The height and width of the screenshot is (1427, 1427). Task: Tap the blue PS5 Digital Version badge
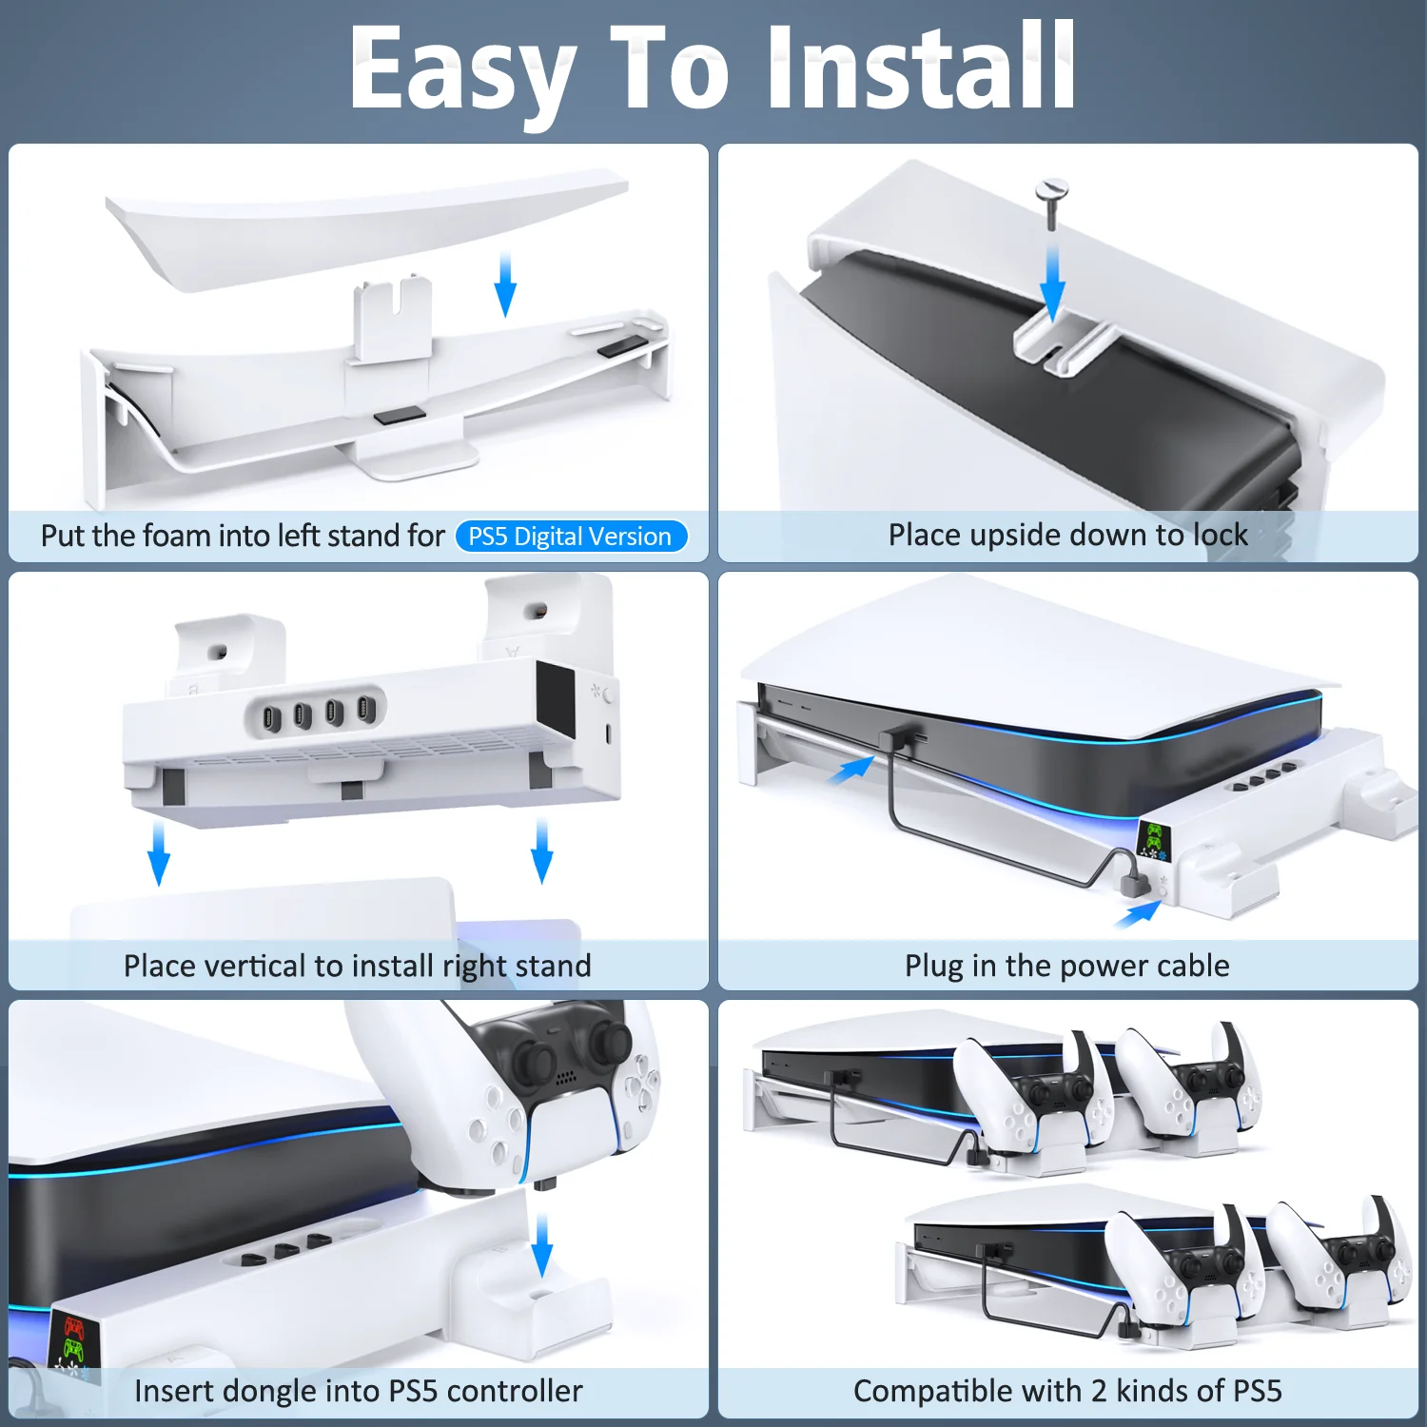[x=570, y=537]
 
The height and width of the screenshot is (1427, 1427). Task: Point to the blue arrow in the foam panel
[x=506, y=284]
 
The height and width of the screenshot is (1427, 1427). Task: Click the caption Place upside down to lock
[x=1067, y=535]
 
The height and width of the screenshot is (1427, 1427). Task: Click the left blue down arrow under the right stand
[x=159, y=853]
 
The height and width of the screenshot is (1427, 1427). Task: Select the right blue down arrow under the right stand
[x=542, y=851]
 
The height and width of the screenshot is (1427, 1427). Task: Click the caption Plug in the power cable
[x=1067, y=966]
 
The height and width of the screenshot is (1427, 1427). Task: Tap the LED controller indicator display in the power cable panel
[x=1153, y=839]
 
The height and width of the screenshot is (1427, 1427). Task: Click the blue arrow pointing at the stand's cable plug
[x=1138, y=914]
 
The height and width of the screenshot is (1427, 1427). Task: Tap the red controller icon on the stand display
[x=73, y=1328]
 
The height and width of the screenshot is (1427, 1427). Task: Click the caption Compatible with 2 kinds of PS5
[x=1067, y=1391]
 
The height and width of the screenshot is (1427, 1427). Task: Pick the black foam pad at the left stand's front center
[x=400, y=416]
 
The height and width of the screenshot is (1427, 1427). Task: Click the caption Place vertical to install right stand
[x=358, y=966]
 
